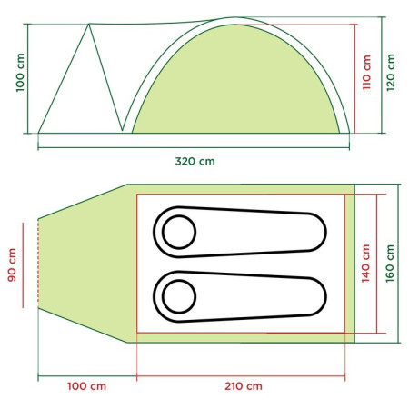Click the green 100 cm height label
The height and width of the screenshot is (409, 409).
click(20, 73)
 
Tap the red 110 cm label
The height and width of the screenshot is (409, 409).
click(366, 73)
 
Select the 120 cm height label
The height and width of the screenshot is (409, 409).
click(391, 73)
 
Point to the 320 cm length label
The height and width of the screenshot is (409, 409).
click(195, 161)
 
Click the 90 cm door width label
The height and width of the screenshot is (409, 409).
click(12, 265)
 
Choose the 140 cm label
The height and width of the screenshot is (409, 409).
click(365, 264)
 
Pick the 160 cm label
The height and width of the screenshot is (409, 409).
click(390, 264)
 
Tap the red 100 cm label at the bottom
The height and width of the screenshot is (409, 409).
click(86, 386)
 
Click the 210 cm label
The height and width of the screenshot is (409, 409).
click(244, 386)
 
